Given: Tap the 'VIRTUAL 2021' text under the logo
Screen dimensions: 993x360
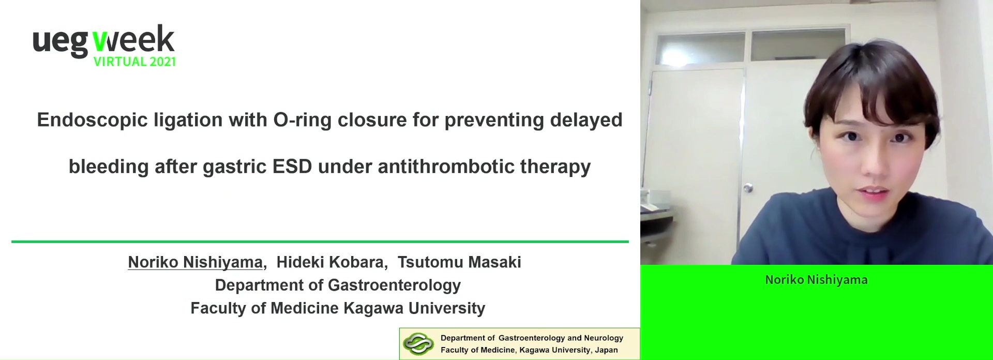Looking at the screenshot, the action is point(134,62).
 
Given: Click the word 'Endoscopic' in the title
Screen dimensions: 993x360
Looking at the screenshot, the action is point(93,121).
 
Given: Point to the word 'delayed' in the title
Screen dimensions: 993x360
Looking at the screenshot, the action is point(586,120).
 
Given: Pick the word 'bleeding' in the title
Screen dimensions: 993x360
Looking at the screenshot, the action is point(109,167).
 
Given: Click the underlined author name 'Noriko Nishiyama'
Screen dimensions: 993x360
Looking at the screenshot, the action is point(195,262).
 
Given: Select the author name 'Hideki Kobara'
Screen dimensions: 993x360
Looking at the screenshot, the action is point(331,262).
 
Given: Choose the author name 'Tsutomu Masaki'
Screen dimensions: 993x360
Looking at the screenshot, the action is point(459,262).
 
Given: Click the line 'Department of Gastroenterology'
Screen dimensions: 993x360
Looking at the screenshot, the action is point(338,285).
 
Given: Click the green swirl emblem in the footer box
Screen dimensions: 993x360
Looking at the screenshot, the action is point(418,344).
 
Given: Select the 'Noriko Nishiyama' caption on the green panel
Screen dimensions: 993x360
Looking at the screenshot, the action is point(816,280).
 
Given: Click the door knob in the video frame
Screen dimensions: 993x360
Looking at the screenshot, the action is point(748,188).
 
